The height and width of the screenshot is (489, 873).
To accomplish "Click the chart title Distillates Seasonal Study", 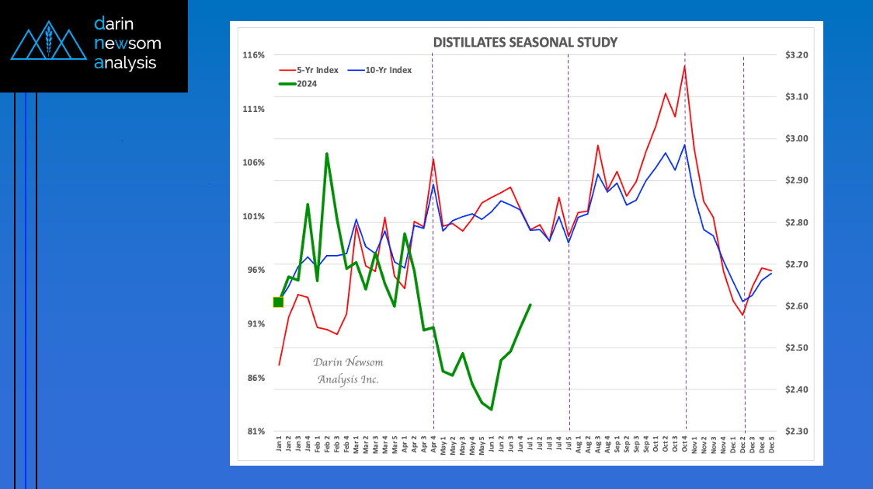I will tap(525, 42).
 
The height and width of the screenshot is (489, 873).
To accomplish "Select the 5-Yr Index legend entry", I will tap(309, 70).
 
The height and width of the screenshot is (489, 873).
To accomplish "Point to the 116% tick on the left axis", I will tap(254, 55).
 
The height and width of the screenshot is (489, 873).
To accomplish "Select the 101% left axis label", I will tap(254, 216).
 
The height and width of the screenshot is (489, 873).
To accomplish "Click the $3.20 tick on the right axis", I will tap(797, 55).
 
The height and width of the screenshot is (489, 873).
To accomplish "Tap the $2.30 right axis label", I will tap(797, 431).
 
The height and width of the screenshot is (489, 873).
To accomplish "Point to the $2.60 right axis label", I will tap(797, 306).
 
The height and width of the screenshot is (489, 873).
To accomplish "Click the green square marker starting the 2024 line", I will tap(279, 302).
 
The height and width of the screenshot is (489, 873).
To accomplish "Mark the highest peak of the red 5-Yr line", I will tap(684, 66).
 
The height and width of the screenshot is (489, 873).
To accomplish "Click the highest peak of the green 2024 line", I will tap(327, 154).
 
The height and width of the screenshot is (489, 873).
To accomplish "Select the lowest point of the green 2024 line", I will tap(492, 410).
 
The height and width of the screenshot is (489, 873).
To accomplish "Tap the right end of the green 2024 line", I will tap(530, 305).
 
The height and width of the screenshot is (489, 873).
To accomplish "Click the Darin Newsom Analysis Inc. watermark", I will tap(348, 371).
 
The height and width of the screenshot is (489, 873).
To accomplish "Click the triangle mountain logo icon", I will tap(47, 45).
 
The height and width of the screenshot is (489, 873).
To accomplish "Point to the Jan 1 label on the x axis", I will tap(279, 445).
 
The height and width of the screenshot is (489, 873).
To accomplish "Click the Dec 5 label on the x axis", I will tap(771, 445).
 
